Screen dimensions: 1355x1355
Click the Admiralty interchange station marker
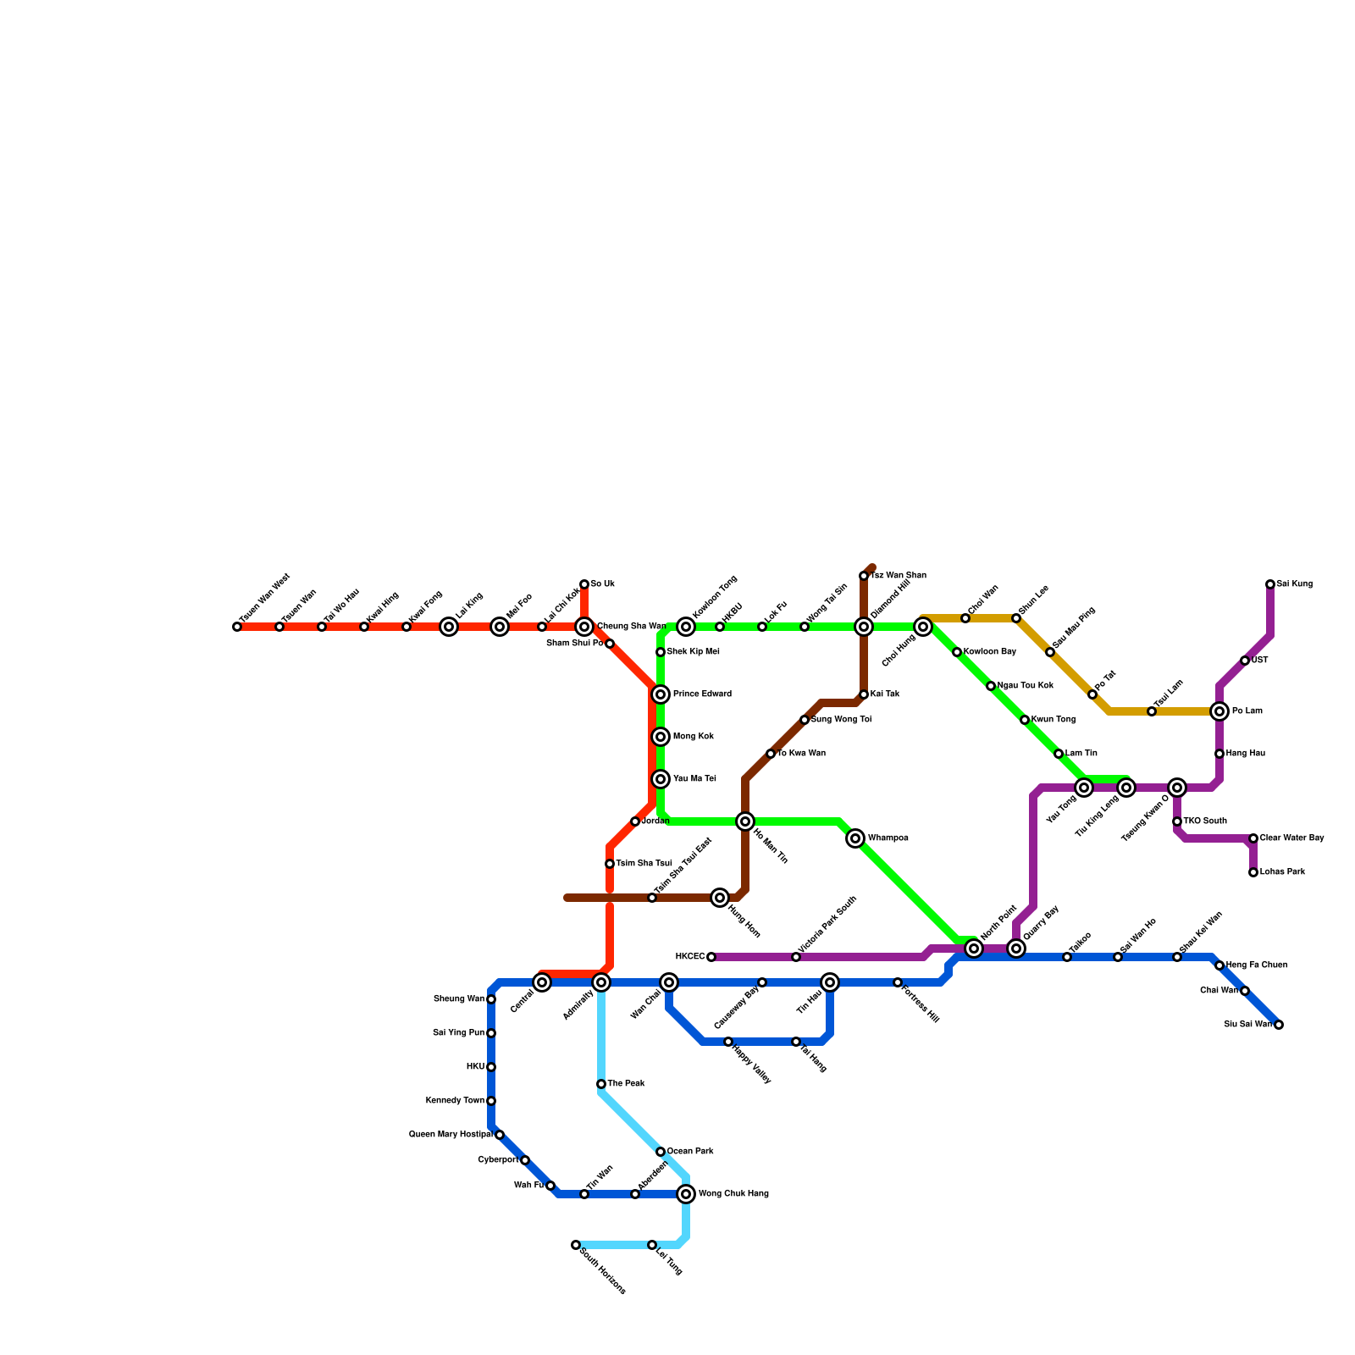tap(601, 982)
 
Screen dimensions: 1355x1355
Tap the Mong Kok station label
tap(694, 737)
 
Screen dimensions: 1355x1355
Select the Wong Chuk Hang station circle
tap(686, 1194)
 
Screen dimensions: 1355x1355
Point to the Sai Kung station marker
tap(1270, 584)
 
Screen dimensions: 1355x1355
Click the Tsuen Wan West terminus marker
tap(237, 627)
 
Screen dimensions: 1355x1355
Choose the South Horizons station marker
tap(576, 1245)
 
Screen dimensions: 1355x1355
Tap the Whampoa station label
tap(888, 838)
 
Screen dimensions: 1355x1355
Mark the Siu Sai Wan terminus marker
tap(1279, 1025)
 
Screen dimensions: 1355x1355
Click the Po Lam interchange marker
tap(1219, 711)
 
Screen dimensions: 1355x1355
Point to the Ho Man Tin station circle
tap(745, 821)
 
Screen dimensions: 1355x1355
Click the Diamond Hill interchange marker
tap(864, 627)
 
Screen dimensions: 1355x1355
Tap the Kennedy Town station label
tap(455, 1101)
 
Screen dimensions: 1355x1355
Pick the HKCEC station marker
tap(711, 957)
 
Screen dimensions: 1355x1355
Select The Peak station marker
tap(601, 1084)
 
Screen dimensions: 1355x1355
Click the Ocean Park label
tap(689, 1152)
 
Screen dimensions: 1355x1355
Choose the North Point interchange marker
tap(974, 948)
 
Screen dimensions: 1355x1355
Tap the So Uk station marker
tap(584, 584)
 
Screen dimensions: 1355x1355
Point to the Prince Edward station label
tap(702, 694)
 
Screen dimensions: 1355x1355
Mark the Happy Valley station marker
tap(728, 1042)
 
